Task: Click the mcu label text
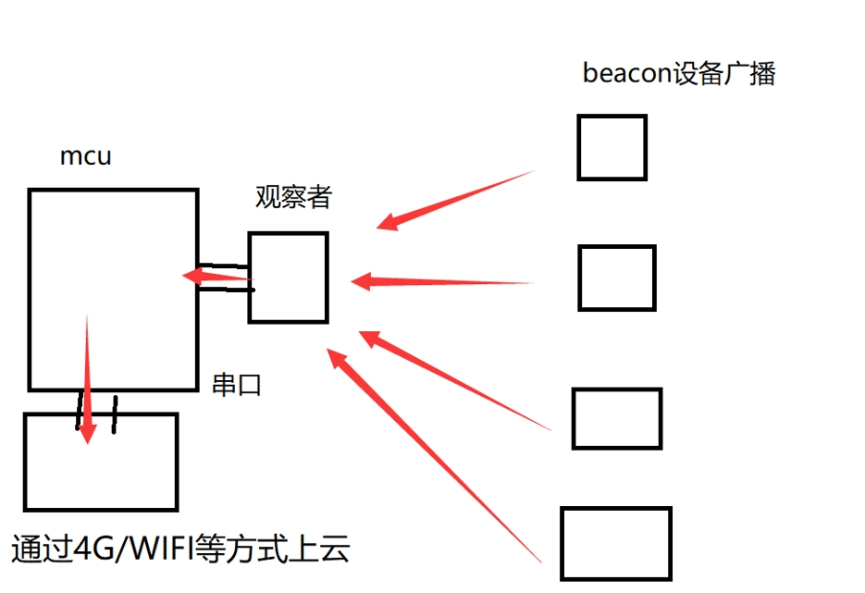coord(85,156)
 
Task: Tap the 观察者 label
coord(292,197)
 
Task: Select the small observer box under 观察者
coord(288,278)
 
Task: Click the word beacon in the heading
coord(626,74)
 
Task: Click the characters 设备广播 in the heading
coord(724,74)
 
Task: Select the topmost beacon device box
coord(612,147)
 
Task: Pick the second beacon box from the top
coord(617,278)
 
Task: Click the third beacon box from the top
coord(617,418)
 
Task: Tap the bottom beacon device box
coord(615,543)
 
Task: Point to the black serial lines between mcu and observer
coord(225,277)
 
